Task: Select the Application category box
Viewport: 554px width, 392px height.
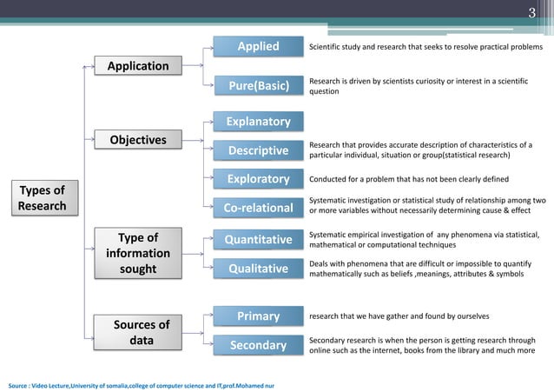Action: pos(137,66)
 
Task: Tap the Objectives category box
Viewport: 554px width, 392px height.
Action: pos(137,140)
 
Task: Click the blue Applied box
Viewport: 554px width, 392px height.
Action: pos(258,46)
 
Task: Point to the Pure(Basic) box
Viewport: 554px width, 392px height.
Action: pos(258,86)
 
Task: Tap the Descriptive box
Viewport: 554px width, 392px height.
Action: pos(258,152)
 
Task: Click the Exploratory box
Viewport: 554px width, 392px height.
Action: pos(258,180)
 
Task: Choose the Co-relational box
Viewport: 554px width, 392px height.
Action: pos(258,208)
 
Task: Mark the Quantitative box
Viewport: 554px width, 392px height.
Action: pos(258,239)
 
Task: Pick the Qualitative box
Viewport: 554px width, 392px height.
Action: pos(258,269)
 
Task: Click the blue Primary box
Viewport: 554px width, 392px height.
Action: pos(258,316)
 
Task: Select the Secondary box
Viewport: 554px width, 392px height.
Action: pos(258,346)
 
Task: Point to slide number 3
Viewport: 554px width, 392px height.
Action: pos(532,12)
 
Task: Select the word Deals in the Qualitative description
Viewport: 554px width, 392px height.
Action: pos(321,262)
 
